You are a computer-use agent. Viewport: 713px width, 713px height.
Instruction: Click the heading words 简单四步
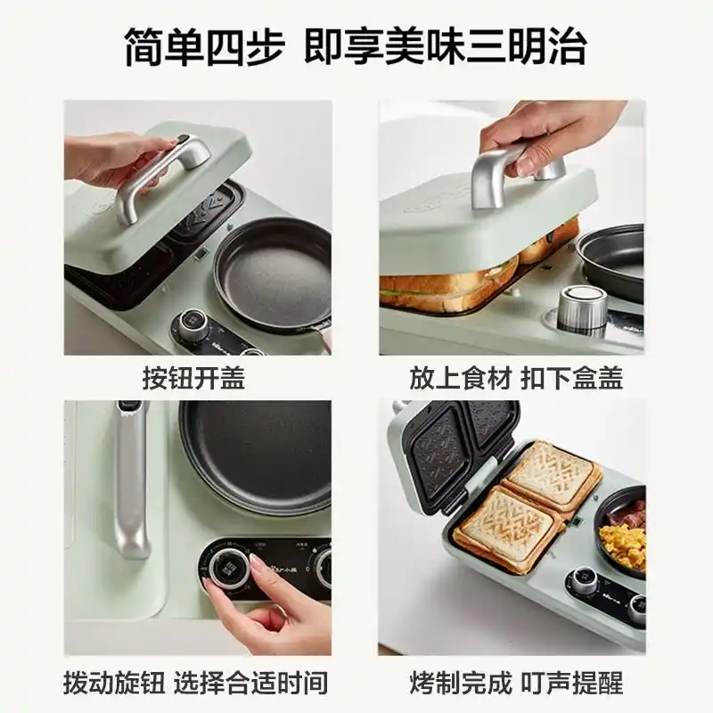[x=204, y=45]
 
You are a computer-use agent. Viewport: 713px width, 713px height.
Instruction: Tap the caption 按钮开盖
[x=193, y=378]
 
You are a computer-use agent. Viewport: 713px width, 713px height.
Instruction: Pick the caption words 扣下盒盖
[x=572, y=378]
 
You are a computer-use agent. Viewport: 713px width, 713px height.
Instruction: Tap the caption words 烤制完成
[x=460, y=683]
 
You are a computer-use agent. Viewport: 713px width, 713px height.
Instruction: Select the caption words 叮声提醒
[x=572, y=683]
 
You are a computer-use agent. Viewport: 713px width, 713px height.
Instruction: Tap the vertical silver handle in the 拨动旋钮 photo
[x=132, y=481]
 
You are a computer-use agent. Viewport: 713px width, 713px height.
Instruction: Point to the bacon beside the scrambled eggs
[x=631, y=512]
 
